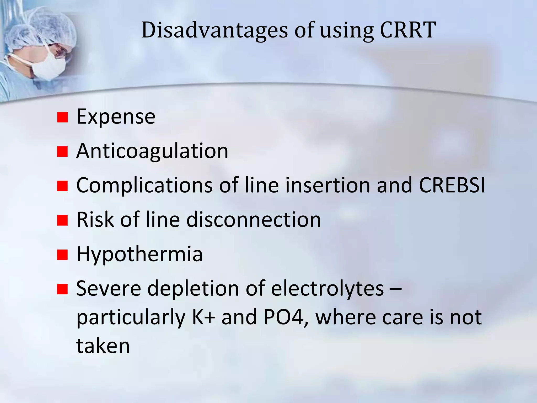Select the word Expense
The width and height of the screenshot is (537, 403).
click(116, 117)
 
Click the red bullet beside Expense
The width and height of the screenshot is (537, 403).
click(62, 117)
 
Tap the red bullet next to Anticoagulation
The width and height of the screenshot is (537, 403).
click(62, 152)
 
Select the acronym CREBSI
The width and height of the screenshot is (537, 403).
click(452, 185)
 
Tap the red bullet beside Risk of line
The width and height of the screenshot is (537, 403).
click(62, 220)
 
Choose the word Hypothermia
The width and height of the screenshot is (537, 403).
click(139, 254)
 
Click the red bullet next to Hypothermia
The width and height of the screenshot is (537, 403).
click(62, 255)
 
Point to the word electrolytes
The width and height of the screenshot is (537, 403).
click(327, 289)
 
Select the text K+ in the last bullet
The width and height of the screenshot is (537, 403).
click(203, 317)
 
